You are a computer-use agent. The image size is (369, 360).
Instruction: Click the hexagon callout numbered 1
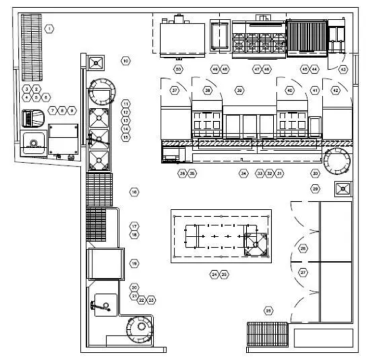coord(50,29)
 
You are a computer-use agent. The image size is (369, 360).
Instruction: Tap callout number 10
coord(125,61)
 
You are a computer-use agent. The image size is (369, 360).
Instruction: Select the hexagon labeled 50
coord(178,69)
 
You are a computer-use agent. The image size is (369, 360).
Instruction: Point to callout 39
coord(240,90)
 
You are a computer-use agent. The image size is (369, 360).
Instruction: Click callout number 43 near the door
coord(343,69)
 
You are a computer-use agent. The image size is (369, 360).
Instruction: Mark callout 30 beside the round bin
coord(316,172)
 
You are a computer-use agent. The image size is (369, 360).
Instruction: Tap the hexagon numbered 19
coord(135,263)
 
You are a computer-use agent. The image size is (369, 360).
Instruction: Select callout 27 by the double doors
coord(303,272)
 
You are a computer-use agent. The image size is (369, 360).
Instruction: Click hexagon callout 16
coord(134,192)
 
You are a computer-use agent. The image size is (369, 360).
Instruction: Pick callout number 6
coord(46,97)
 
